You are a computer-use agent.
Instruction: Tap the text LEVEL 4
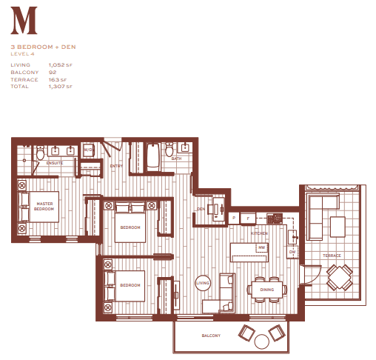tap(24, 54)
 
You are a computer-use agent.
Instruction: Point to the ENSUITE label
tap(54, 162)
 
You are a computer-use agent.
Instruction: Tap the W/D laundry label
tap(87, 150)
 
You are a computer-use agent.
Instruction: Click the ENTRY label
tap(116, 166)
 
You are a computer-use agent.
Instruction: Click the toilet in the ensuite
tap(40, 155)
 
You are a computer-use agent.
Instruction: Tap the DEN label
tap(201, 210)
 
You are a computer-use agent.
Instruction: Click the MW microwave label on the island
tap(261, 247)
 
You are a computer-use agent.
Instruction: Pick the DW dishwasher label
tap(292, 252)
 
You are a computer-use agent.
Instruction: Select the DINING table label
tap(266, 290)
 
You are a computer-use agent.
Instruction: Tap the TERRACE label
tap(332, 256)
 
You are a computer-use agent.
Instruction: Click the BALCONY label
tap(211, 336)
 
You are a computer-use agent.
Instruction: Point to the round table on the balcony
tap(261, 341)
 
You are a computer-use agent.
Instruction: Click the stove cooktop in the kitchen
tap(275, 218)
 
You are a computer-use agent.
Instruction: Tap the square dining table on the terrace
tap(339, 278)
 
